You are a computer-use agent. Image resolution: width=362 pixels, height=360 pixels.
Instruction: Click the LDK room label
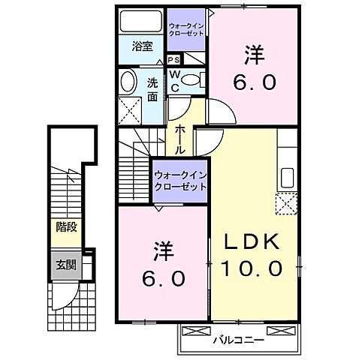252,242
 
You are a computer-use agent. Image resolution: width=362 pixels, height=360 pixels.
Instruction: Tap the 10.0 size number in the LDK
252,267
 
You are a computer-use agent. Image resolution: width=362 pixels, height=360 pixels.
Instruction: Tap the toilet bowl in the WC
191,79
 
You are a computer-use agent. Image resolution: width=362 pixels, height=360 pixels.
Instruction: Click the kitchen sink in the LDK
287,178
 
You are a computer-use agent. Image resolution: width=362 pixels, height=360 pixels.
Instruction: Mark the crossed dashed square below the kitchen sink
286,203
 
